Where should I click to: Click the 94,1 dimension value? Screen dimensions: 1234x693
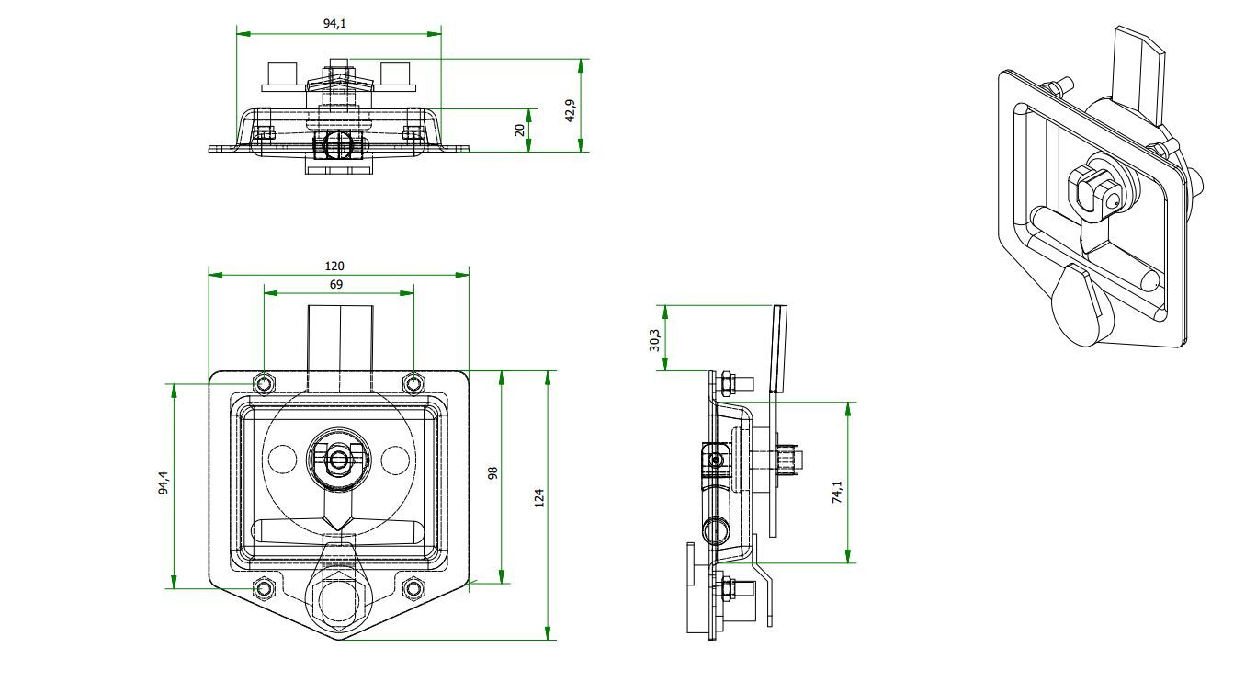click(x=334, y=24)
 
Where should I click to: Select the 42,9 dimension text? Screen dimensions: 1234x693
click(x=571, y=110)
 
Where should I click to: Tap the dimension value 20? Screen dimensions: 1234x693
click(x=519, y=130)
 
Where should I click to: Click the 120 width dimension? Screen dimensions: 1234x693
click(x=334, y=266)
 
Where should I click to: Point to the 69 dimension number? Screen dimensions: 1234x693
click(x=336, y=284)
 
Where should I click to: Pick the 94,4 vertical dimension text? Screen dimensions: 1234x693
click(x=164, y=483)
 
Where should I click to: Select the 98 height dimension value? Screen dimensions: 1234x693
click(x=493, y=472)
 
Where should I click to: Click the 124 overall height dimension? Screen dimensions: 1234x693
click(x=539, y=498)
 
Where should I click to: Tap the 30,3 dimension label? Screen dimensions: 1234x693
click(x=654, y=340)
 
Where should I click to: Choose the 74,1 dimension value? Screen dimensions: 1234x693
click(x=837, y=492)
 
